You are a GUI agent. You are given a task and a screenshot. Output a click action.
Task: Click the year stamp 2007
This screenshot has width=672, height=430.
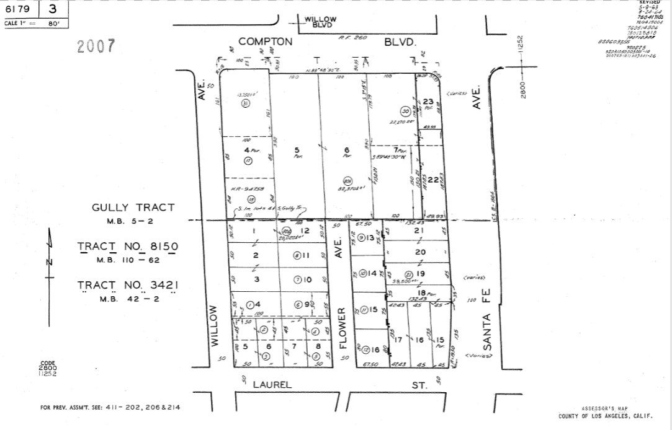pyautogui.click(x=96, y=46)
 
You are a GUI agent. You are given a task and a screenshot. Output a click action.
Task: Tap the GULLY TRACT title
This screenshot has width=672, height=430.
pyautogui.click(x=133, y=208)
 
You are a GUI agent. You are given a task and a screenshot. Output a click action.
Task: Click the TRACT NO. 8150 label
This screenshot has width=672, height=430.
pyautogui.click(x=128, y=247)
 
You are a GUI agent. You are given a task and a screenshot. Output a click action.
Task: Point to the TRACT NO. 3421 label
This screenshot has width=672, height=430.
pyautogui.click(x=128, y=285)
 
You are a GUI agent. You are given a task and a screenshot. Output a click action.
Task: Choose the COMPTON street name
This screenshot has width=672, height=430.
pyautogui.click(x=265, y=42)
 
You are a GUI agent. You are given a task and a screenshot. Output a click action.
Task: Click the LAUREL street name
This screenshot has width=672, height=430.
pyautogui.click(x=272, y=385)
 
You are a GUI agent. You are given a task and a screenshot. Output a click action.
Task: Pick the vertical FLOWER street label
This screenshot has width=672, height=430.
pyautogui.click(x=342, y=328)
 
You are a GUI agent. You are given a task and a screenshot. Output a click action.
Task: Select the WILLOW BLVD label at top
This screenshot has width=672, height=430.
pyautogui.click(x=320, y=22)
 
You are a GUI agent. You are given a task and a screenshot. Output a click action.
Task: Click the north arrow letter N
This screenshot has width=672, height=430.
pyautogui.click(x=49, y=262)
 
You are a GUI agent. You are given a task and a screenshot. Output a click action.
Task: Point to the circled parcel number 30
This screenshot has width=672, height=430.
pyautogui.click(x=406, y=112)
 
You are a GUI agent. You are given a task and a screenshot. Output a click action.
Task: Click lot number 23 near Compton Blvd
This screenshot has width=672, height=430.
pyautogui.click(x=428, y=102)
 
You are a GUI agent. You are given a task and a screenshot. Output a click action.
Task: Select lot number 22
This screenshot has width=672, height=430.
pyautogui.click(x=432, y=179)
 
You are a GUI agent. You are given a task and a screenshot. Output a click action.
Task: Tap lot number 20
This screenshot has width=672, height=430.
pyautogui.click(x=420, y=252)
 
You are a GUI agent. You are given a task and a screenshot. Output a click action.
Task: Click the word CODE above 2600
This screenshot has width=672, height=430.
pyautogui.click(x=48, y=364)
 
